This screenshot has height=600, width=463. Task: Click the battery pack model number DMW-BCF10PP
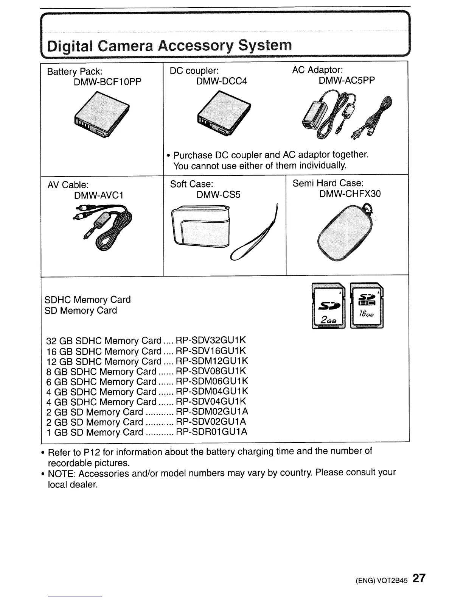click(108, 82)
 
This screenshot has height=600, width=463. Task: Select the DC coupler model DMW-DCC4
click(222, 81)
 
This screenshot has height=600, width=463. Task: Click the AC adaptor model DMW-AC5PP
click(347, 80)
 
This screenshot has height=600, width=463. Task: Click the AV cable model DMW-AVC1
click(99, 195)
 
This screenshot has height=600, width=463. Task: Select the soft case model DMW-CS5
click(219, 195)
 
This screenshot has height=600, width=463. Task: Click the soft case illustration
click(223, 231)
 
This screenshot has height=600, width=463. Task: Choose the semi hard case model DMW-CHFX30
click(350, 194)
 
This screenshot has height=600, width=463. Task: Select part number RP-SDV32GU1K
click(211, 340)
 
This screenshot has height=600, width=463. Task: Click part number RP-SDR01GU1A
click(212, 432)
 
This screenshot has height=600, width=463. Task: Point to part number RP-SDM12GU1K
click(212, 361)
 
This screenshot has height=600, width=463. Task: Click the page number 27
click(419, 578)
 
